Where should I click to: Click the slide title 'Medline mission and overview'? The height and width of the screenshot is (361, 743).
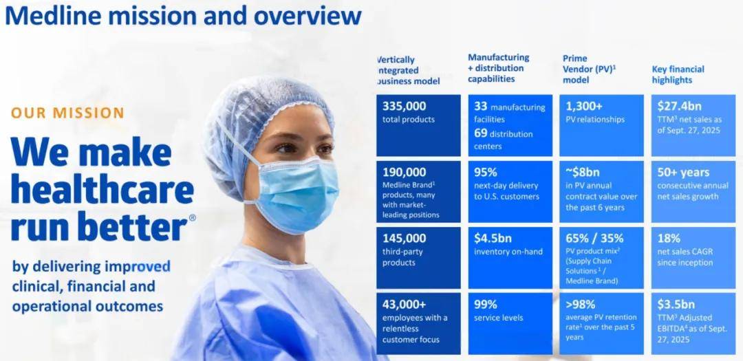(x=183, y=15)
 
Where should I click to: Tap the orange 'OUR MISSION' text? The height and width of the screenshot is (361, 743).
(x=67, y=113)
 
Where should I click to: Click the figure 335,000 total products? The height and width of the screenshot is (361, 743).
(x=405, y=106)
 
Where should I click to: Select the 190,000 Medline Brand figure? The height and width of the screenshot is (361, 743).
(x=405, y=172)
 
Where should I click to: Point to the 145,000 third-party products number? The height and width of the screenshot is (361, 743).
(x=405, y=238)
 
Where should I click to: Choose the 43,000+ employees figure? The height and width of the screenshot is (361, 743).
(x=405, y=304)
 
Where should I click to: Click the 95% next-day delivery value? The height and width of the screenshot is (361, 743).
(x=485, y=172)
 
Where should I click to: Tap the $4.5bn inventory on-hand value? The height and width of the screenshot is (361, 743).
(x=493, y=238)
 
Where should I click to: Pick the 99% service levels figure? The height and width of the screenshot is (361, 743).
(x=485, y=304)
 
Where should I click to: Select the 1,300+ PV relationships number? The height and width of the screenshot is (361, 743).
(x=584, y=106)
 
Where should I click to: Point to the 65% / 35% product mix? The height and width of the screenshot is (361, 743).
(x=594, y=238)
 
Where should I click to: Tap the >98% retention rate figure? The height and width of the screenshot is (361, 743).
(x=581, y=304)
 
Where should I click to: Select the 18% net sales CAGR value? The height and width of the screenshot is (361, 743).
(x=669, y=238)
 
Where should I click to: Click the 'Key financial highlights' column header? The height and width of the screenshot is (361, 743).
(x=678, y=74)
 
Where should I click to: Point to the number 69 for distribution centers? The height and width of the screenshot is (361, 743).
(x=480, y=133)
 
